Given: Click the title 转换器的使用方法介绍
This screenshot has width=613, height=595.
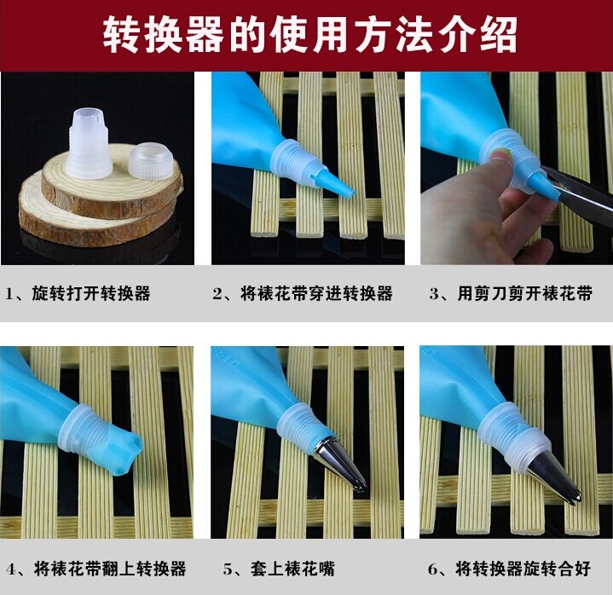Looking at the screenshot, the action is coord(310,34).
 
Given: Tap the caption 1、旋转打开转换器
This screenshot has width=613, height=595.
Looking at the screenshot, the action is coord(78,293).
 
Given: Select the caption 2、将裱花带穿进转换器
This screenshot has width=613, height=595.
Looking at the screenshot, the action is coord(303,293).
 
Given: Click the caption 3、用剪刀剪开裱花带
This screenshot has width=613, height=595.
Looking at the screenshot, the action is coord(511,293).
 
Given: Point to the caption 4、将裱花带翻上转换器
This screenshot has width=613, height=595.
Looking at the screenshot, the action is coord(95,569).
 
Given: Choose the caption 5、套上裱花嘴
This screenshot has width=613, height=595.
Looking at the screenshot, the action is coord(279,569).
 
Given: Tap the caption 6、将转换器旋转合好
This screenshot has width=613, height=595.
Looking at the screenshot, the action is coord(509,569).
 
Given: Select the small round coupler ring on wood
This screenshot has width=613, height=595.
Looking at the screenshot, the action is coord(151,161).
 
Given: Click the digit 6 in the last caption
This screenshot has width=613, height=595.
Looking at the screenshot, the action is coord(432,569).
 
